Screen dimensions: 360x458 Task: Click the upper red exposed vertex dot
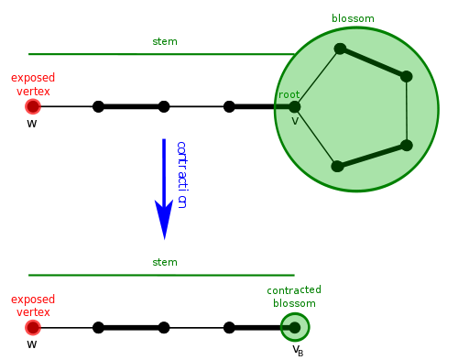click(x=33, y=107)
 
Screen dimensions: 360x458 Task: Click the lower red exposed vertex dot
click(x=33, y=328)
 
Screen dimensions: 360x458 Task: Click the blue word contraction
click(x=181, y=175)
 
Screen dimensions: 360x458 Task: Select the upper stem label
click(x=165, y=41)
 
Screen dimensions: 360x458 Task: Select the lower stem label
click(x=165, y=262)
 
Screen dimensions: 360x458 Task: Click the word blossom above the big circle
click(x=353, y=18)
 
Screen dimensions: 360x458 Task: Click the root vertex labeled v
click(x=294, y=107)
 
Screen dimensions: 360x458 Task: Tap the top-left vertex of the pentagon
click(x=340, y=49)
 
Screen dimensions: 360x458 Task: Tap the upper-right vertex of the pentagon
click(x=406, y=77)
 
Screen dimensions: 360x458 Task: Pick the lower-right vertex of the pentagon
click(x=407, y=145)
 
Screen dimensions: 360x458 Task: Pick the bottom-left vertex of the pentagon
click(x=337, y=166)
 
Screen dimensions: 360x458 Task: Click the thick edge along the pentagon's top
click(x=373, y=62)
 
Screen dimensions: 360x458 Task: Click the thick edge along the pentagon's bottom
click(x=372, y=156)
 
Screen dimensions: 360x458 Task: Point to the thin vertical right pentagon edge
click(x=407, y=111)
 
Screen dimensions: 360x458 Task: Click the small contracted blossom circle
click(x=295, y=327)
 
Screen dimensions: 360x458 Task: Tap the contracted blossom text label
click(x=294, y=297)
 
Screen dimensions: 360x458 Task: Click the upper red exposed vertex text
click(x=33, y=84)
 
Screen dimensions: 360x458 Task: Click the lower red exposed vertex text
click(x=33, y=305)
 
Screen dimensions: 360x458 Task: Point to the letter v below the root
click(x=295, y=121)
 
